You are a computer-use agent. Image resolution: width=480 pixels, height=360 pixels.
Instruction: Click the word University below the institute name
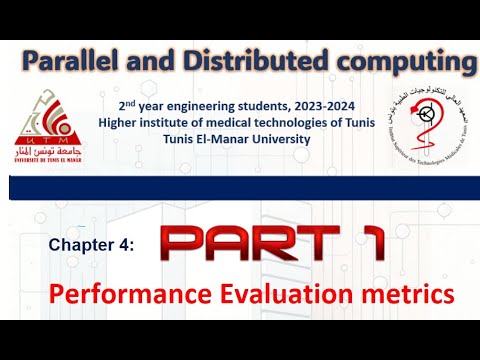[x=267, y=138]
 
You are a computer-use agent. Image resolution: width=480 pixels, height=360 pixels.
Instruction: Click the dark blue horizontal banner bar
[x=240, y=187]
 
